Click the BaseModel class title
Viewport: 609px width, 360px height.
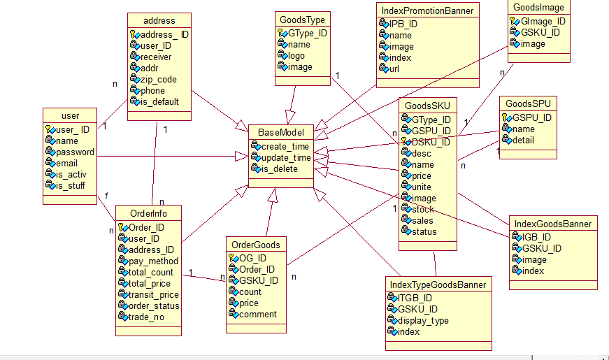(281, 132)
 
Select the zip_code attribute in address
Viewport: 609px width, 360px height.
(159, 80)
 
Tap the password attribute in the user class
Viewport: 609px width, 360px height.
(75, 152)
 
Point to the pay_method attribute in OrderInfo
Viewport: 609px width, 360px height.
(153, 261)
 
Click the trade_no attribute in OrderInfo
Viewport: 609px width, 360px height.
(146, 317)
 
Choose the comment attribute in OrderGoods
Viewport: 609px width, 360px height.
(258, 314)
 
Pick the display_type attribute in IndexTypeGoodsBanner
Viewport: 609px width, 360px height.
(423, 321)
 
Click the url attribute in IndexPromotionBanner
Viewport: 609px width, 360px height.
(394, 69)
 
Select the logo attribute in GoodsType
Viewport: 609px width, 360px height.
(296, 56)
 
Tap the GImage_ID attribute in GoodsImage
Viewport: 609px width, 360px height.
(543, 22)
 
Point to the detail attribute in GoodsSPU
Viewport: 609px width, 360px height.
(523, 141)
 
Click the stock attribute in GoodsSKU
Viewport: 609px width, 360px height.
(423, 209)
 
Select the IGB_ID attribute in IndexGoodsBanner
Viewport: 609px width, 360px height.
(536, 237)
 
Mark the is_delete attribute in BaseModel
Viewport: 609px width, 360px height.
(280, 169)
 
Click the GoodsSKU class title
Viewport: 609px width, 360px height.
(427, 106)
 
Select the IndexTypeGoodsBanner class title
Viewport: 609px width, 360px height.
(438, 285)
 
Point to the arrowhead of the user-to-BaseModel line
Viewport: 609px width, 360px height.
(242, 157)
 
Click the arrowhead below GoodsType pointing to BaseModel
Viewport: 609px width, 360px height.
(290, 117)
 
